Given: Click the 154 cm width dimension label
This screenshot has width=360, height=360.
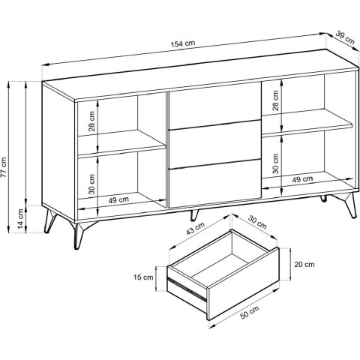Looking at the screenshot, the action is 183,43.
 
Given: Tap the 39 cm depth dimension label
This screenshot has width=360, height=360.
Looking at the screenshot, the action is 345,37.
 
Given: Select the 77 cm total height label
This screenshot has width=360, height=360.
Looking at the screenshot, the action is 4,167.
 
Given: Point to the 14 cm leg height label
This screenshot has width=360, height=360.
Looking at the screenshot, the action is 21,218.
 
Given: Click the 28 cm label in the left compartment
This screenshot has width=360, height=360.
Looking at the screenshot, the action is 91,121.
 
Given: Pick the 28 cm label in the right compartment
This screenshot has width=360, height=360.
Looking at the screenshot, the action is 275,100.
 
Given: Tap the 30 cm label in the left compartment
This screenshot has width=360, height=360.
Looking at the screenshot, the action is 91,184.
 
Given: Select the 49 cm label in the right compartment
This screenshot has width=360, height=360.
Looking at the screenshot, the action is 302,179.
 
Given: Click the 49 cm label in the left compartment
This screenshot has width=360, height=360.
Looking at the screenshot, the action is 118,199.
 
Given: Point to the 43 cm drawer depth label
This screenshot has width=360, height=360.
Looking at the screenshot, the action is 195,228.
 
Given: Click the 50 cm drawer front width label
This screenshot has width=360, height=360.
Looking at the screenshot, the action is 249,312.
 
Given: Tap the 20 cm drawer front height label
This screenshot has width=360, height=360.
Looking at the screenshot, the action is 304,264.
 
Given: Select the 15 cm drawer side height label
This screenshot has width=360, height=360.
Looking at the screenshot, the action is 143,277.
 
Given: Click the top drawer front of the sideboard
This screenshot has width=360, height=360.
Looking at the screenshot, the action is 215,106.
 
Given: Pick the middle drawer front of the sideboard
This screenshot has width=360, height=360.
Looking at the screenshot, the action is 215,145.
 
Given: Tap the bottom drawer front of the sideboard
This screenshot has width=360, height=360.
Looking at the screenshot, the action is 215,184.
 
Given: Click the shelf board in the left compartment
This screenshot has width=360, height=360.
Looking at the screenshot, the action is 121,145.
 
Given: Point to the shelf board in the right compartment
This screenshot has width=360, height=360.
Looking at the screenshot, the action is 307,123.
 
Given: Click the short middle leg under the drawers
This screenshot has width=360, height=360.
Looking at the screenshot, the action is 193,215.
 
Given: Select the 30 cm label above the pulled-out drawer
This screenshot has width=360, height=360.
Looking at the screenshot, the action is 257,222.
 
